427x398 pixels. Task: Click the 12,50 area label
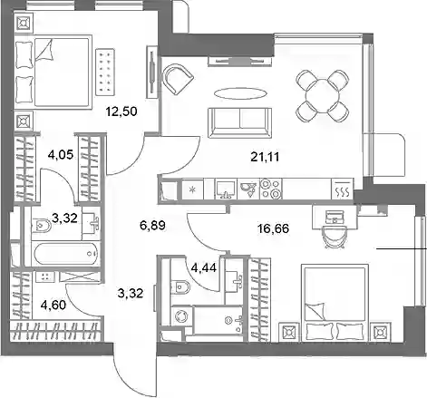[x=121, y=112]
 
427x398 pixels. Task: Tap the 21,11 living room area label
[x=265, y=157]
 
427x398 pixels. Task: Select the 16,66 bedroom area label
[x=273, y=228]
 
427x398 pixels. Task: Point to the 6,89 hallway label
[x=152, y=225]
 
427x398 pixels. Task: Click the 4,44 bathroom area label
[x=204, y=267]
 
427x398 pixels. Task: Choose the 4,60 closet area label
[x=53, y=305]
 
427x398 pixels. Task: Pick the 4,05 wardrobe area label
[x=61, y=155]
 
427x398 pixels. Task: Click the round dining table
[x=323, y=96]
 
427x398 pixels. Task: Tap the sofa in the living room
[x=239, y=122]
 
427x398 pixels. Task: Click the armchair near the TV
[x=177, y=79]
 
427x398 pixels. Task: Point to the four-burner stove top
[x=270, y=189]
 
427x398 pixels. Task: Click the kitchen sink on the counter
[x=226, y=189]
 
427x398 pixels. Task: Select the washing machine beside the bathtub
[x=181, y=316]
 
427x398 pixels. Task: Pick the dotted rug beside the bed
[x=105, y=71]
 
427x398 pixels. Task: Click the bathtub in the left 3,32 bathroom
[x=66, y=254]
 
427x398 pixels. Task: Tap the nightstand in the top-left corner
[x=24, y=23]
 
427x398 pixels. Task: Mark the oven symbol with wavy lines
[x=342, y=189]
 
